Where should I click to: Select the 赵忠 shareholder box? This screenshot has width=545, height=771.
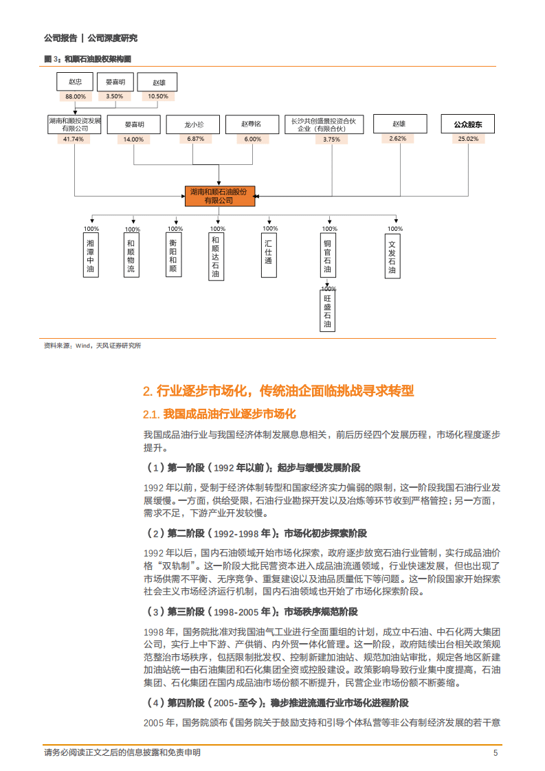click(x=76, y=82)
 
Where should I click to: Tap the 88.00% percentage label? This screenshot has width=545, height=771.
click(x=76, y=96)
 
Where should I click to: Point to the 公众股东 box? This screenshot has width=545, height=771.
click(x=467, y=124)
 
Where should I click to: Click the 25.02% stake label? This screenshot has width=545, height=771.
click(x=467, y=139)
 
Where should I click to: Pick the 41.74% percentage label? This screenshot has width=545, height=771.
click(x=74, y=139)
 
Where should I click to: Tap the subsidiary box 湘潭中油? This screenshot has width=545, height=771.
click(x=90, y=257)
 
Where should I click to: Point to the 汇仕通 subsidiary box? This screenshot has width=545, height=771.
click(x=269, y=252)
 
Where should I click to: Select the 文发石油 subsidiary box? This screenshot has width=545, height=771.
click(x=392, y=257)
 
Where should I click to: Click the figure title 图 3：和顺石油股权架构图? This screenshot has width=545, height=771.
click(x=88, y=59)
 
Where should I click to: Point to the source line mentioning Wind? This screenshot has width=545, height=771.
click(x=92, y=346)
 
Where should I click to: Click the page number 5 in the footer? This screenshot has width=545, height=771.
click(x=496, y=753)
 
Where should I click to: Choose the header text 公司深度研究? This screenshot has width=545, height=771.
click(x=113, y=38)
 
